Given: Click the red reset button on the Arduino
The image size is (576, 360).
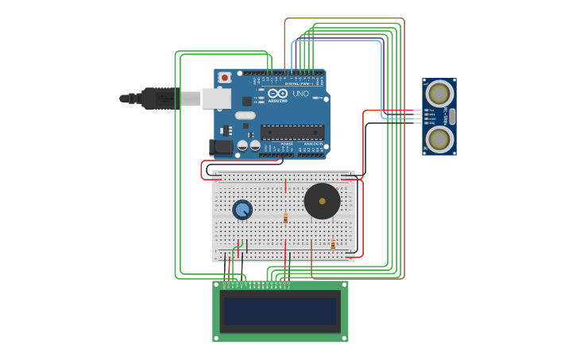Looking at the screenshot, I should pyautogui.click(x=225, y=77).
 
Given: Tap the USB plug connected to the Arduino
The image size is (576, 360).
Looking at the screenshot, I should pyautogui.click(x=171, y=99).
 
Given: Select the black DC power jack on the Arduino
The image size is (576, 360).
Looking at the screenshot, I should pyautogui.click(x=221, y=147).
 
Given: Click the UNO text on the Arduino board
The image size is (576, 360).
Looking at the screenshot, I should pyautogui.click(x=300, y=94).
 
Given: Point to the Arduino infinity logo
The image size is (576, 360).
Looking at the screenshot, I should pyautogui.click(x=277, y=93).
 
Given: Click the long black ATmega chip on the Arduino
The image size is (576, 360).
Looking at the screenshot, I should pyautogui.click(x=292, y=132).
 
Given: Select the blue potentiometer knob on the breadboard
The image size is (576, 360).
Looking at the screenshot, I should pyautogui.click(x=242, y=210).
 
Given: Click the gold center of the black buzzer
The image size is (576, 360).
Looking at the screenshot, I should pyautogui.click(x=322, y=201).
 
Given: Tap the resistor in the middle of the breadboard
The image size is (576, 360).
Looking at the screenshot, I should pyautogui.click(x=285, y=217).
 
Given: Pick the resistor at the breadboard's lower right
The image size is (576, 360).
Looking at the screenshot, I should pyautogui.click(x=333, y=245).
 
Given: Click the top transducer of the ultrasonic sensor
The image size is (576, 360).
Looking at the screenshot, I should pyautogui.click(x=439, y=94).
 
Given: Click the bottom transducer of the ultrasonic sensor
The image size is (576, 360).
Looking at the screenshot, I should pyautogui.click(x=439, y=139).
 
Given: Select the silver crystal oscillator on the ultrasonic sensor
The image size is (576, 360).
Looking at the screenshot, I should pyautogui.click(x=452, y=117).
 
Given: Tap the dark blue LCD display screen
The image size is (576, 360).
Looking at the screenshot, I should pyautogui.click(x=280, y=311).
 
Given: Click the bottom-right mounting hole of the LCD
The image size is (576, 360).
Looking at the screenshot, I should pyautogui.click(x=343, y=338).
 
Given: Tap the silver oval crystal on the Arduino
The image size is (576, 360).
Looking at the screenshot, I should pyautogui.click(x=245, y=115).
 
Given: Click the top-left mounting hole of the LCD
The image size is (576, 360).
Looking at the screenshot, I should pyautogui.click(x=217, y=285).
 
